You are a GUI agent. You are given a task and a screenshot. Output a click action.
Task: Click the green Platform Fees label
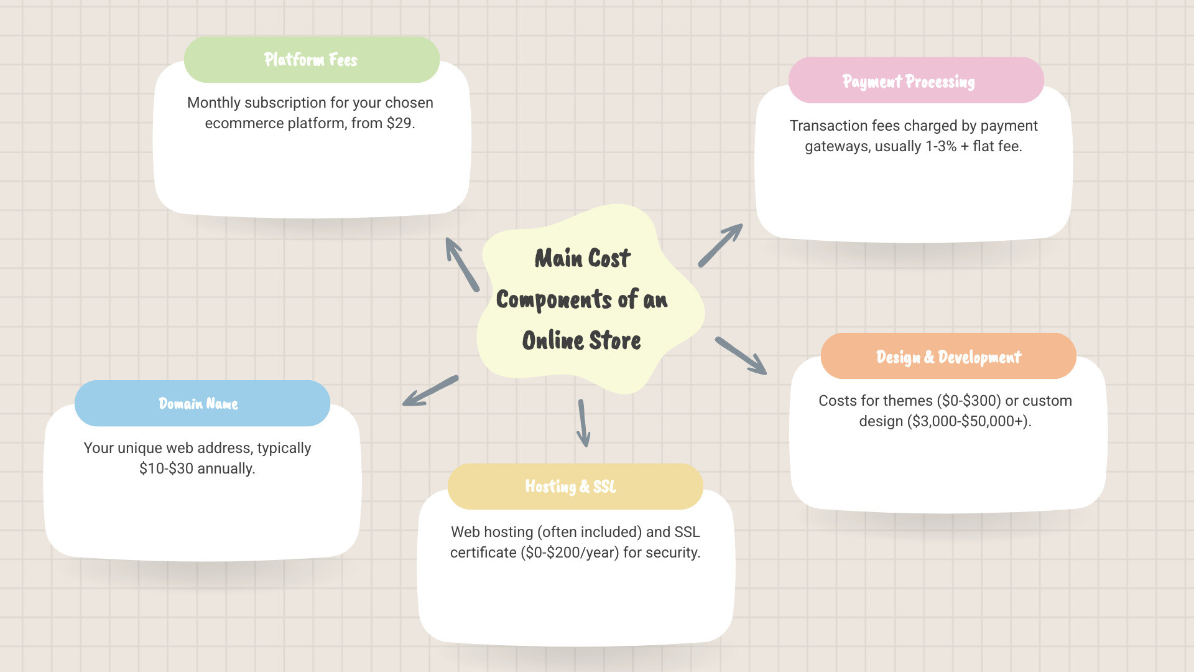tap(312, 60)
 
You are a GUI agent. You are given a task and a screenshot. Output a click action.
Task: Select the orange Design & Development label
tap(948, 357)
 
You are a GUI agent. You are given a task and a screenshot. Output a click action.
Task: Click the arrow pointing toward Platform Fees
tap(462, 264)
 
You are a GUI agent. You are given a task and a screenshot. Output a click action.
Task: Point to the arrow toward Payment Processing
tap(720, 245)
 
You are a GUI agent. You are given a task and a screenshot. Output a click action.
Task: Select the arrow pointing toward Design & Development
tap(741, 356)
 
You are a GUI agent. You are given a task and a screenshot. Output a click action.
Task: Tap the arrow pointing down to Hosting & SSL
tap(583, 423)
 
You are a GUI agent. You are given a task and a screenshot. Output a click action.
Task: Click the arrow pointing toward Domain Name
tap(430, 391)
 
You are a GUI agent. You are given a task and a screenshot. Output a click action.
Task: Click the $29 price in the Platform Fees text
tap(399, 123)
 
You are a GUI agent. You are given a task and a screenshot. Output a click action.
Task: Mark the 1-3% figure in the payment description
tap(940, 146)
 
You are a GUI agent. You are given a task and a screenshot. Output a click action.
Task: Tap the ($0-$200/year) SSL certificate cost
tap(570, 553)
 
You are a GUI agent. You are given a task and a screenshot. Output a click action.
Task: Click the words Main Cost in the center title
tap(582, 258)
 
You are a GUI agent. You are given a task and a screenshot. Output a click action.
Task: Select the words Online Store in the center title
tap(581, 341)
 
